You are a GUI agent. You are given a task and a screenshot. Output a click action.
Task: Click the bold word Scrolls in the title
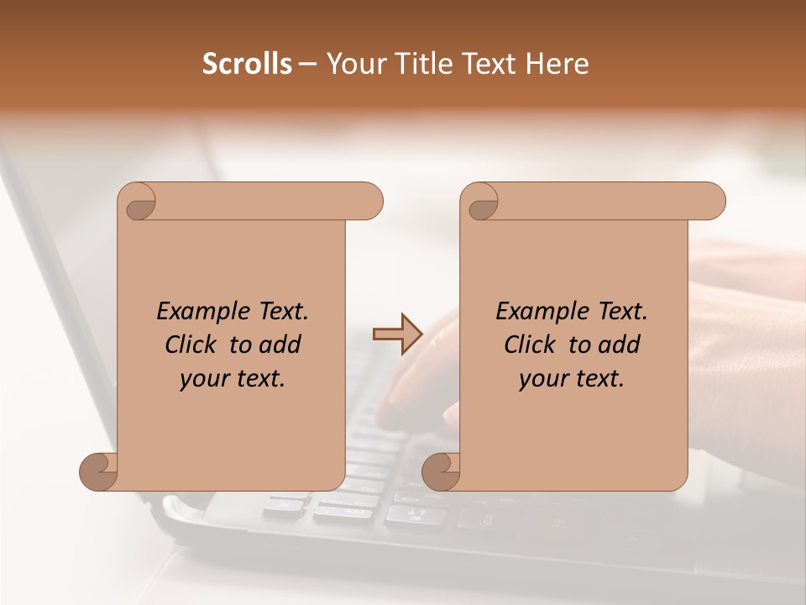click(x=248, y=64)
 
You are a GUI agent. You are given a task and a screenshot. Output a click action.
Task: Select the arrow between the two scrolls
click(x=397, y=334)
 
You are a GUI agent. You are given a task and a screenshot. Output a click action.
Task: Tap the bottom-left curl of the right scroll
click(x=442, y=471)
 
